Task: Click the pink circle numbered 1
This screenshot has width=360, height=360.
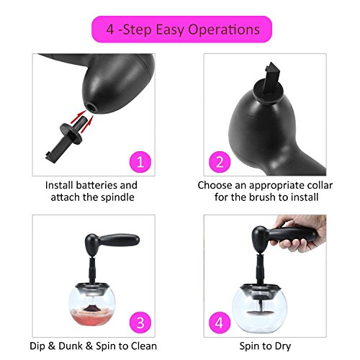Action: (x=140, y=162)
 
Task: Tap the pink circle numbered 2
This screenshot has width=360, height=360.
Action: (x=220, y=162)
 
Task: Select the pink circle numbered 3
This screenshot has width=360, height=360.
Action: (x=140, y=323)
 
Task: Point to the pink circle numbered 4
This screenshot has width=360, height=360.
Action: (x=220, y=323)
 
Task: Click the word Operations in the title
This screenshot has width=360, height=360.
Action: (x=224, y=30)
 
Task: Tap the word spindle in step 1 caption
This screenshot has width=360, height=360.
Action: (x=117, y=197)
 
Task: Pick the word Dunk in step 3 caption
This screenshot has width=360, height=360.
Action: (x=71, y=346)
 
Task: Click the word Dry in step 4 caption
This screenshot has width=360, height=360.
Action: (x=283, y=346)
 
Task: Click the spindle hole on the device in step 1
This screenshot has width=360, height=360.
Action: (x=92, y=107)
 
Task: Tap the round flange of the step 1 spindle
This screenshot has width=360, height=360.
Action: (x=71, y=134)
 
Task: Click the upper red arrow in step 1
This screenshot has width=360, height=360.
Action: (x=78, y=116)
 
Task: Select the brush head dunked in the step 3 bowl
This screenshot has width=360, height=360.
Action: (x=91, y=309)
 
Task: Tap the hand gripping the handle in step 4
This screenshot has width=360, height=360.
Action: (x=300, y=233)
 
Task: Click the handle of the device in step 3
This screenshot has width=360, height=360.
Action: (x=120, y=240)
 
